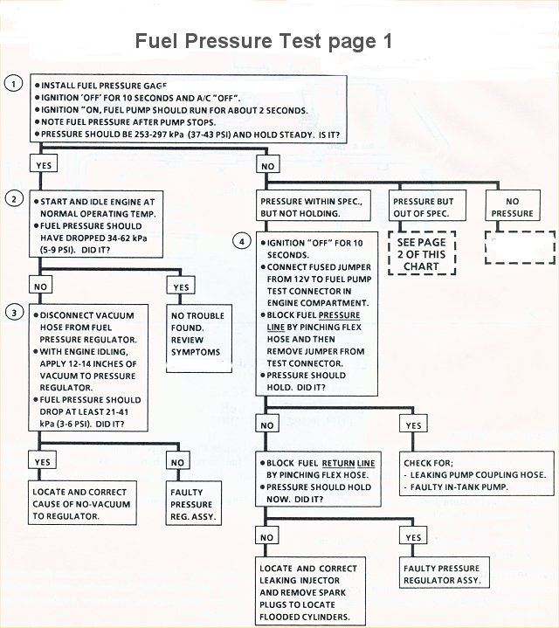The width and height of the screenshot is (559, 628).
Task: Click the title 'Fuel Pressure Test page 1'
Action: click(264, 41)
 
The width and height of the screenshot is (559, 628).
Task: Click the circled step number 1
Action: click(13, 84)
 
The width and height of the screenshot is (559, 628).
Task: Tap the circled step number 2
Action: click(13, 198)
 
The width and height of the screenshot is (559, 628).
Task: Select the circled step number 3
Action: click(13, 313)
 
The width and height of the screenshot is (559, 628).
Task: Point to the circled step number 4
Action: click(242, 241)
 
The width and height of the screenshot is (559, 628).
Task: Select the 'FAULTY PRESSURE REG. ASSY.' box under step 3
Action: click(192, 504)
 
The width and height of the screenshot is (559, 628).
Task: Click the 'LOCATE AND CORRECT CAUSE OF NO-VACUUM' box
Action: click(84, 504)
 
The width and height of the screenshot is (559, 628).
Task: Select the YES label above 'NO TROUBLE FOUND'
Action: click(182, 287)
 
